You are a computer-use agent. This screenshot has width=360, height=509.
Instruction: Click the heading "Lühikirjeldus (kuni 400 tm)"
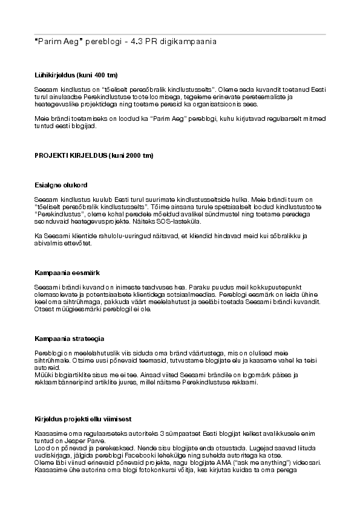(x=76, y=76)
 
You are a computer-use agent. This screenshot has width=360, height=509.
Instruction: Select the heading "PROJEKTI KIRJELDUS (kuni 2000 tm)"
(x=94, y=155)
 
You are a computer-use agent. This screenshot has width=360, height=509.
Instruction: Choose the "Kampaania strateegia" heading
(x=68, y=338)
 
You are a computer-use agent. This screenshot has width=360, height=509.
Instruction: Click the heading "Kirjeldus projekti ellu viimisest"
(x=83, y=419)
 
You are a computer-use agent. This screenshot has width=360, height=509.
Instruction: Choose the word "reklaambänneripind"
(x=61, y=382)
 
